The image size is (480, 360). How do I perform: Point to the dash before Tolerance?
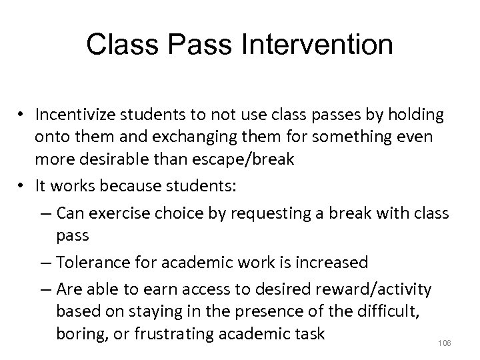47,263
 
